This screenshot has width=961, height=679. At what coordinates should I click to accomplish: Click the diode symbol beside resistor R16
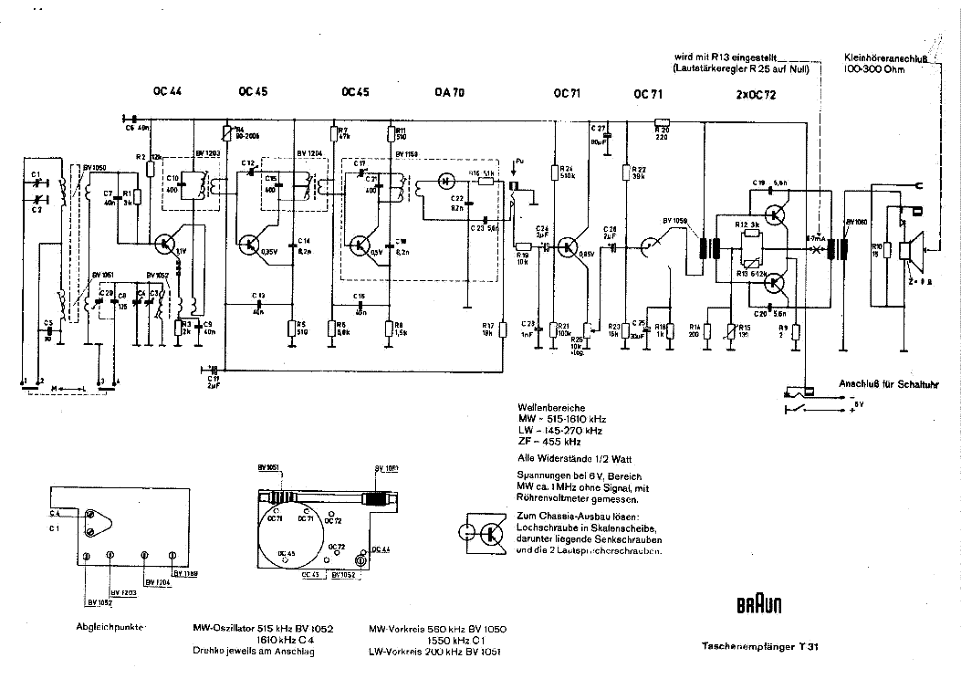click(447, 179)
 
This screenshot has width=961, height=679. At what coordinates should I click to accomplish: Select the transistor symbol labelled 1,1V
click(165, 243)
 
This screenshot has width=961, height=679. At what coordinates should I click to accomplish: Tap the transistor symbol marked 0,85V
click(569, 245)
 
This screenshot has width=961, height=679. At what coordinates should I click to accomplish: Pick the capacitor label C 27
click(599, 127)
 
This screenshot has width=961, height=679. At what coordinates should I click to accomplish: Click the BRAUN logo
click(757, 605)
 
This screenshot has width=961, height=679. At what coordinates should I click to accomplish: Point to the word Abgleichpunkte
click(112, 627)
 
